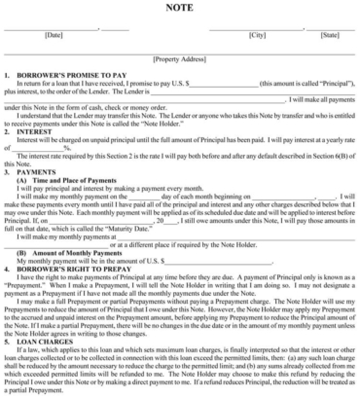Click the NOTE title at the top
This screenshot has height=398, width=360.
[x=179, y=8]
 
